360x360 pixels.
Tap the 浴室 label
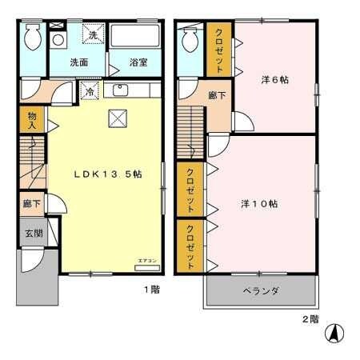pos(138,62)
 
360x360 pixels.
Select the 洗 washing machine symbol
pos(93,34)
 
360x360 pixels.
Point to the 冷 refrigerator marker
pos(91,91)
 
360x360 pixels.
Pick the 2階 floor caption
pos(310,318)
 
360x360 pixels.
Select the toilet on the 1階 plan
pos(32,37)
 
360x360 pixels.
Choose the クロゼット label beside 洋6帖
pos(219,49)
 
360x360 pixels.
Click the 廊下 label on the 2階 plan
pos(215,94)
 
